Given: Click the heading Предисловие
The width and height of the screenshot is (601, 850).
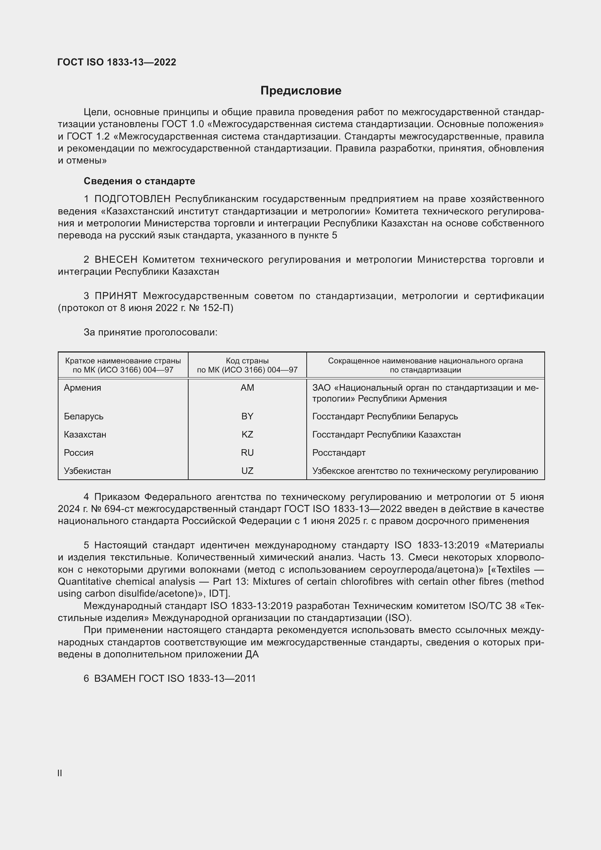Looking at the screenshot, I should click(300, 91).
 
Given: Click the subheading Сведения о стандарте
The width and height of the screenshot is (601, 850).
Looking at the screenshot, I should click(139, 181).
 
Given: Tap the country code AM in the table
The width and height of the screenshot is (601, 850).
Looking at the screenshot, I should click(247, 388).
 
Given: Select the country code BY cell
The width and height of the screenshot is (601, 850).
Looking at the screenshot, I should click(247, 416).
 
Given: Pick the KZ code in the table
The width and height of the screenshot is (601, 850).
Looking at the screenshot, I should click(247, 434).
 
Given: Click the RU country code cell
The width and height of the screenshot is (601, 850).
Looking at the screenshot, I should click(247, 452).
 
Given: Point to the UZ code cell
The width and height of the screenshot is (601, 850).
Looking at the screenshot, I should click(247, 471).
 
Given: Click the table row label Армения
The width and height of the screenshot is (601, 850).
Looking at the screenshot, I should click(82, 388).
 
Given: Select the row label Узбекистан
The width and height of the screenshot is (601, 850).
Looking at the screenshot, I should click(87, 471).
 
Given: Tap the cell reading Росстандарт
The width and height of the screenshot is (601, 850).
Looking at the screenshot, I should click(339, 452).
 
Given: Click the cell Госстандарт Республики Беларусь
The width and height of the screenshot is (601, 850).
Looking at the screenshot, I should click(385, 416).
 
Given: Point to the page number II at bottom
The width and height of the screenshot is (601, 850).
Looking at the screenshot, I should click(60, 773).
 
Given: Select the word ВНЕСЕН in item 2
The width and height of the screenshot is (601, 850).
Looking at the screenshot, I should click(116, 259).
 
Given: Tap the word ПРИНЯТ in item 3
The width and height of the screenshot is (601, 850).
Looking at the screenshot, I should click(116, 296).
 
